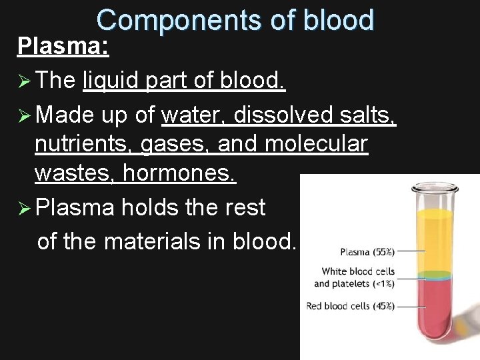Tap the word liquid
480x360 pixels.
[x=109, y=81]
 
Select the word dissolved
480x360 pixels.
[x=280, y=115]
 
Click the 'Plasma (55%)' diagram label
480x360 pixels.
[x=367, y=252]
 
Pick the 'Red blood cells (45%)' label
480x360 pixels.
[x=350, y=307]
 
